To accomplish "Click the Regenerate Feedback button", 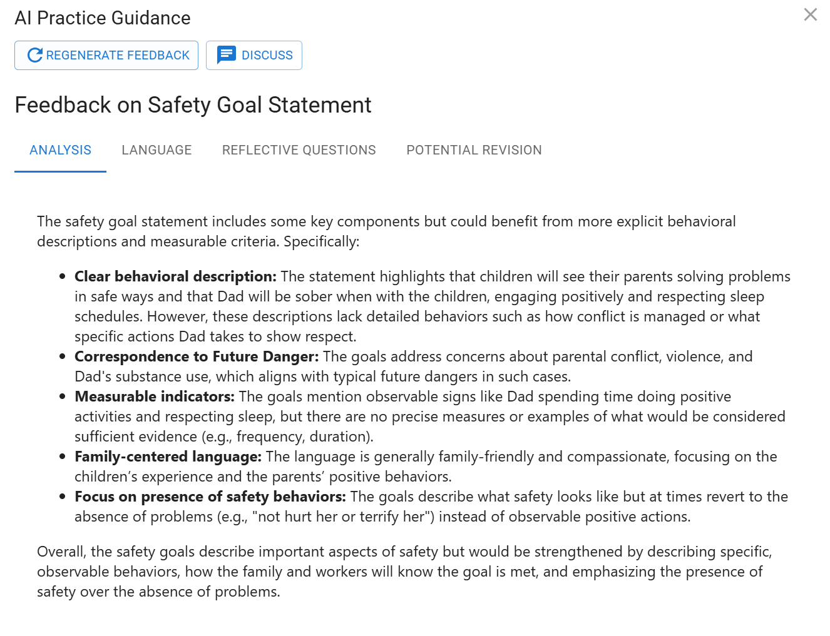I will coord(106,56).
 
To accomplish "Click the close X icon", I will coord(810,14).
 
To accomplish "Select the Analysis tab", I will coord(60,150).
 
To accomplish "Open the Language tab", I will coord(156,150).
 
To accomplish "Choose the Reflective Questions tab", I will coord(299,150).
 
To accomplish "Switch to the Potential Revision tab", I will coord(474,150).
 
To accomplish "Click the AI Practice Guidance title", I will coord(103,18).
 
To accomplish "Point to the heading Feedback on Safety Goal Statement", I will coord(193,105).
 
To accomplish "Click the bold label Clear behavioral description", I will coord(175,276).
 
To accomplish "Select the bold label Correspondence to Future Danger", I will coord(197,356).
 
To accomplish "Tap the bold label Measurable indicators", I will coord(155,396).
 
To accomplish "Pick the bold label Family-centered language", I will coord(168,457).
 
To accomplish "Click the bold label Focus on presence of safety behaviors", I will coord(210,497).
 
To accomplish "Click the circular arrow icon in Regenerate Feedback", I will coord(35,56).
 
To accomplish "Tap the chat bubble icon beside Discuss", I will coord(226,55).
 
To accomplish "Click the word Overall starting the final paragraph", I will coord(61,552).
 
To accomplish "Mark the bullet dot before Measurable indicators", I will coord(63,396).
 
